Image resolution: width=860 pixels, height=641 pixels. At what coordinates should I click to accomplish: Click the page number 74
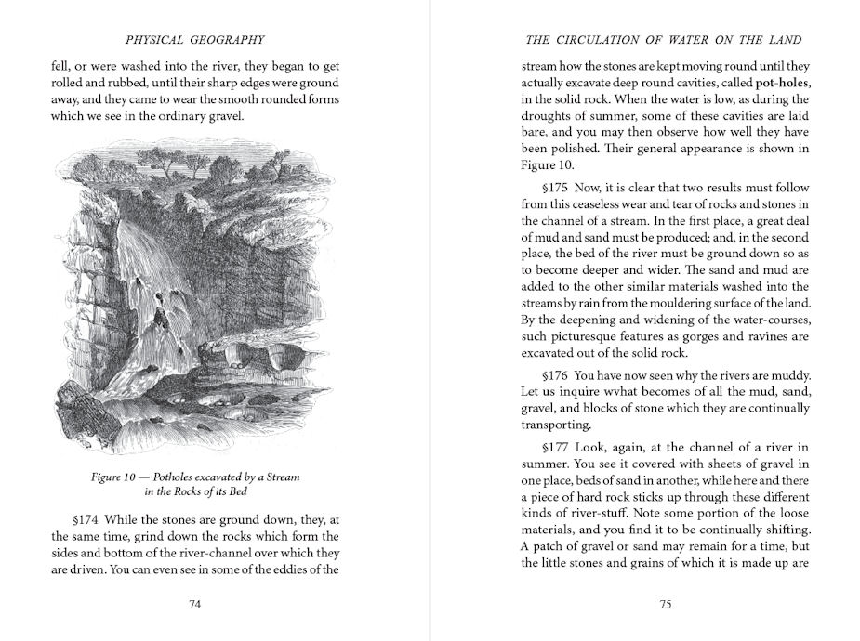[195, 605]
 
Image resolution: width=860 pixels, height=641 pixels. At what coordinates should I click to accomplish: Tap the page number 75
[665, 605]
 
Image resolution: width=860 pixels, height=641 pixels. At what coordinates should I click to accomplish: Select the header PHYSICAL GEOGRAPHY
[194, 40]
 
